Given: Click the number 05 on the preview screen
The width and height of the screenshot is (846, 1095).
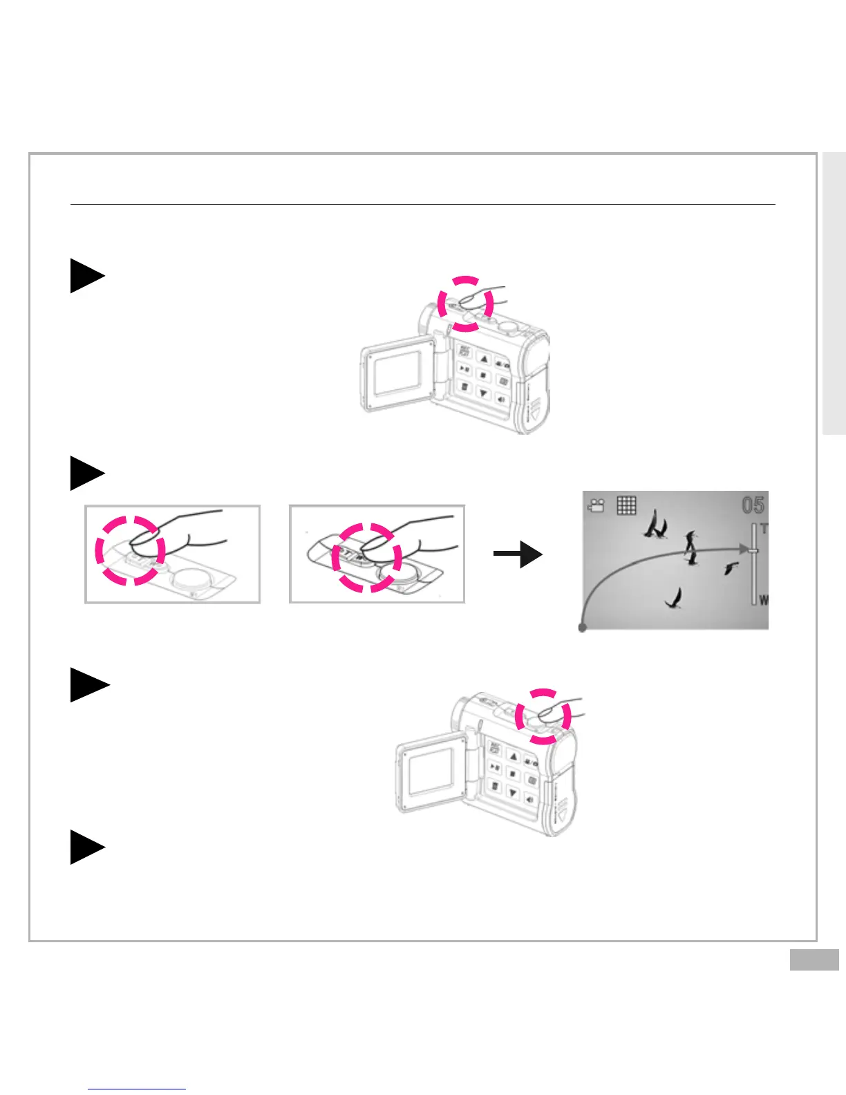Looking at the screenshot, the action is (753, 505).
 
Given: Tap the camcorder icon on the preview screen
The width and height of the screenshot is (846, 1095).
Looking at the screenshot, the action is (596, 506).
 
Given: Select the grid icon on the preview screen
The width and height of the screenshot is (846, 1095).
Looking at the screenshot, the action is (626, 505).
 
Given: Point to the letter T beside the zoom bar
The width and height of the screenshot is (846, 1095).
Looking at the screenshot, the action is (764, 529).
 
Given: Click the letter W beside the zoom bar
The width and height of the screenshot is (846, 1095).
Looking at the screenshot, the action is (764, 600).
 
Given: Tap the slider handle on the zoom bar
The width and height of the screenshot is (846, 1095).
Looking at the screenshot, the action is (753, 550).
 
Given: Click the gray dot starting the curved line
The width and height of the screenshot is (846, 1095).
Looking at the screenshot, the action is (583, 628).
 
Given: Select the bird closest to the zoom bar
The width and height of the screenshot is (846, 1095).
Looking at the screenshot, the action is (731, 568).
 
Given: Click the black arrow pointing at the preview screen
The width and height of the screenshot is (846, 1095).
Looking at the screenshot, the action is (518, 554).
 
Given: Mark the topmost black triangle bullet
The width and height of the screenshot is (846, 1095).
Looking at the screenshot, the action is (86, 276).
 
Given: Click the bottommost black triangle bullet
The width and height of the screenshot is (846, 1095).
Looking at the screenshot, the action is (86, 847).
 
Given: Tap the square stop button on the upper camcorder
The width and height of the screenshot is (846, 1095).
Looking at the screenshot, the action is (483, 376).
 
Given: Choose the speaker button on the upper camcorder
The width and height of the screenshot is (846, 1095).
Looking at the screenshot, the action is (500, 400).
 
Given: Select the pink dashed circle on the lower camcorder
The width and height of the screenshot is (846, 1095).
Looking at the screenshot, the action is (543, 716).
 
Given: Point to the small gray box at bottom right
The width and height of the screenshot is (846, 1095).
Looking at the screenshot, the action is (814, 960).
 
